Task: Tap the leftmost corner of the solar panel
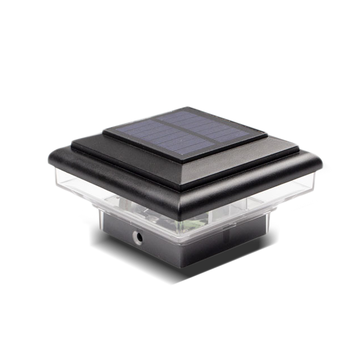[103, 133]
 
